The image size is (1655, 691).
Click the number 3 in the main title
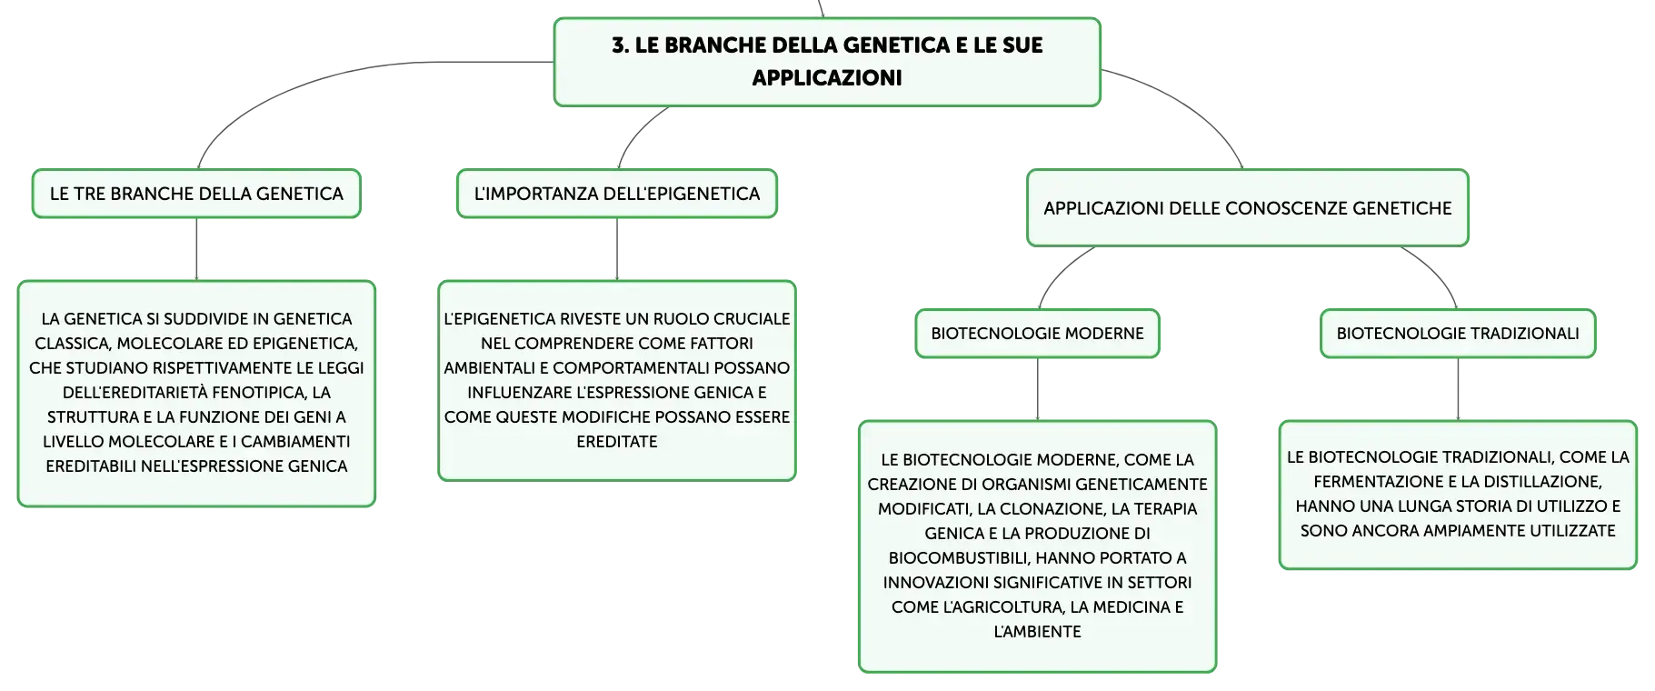619,45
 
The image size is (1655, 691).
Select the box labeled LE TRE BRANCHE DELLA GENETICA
196,194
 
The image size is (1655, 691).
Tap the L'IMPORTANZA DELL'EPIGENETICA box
617,194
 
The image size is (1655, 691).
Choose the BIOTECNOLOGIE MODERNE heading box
1037,334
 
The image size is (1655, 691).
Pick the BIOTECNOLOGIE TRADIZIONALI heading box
1458,334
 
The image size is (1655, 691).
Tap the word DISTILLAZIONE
1542,482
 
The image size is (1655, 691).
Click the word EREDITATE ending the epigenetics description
617,442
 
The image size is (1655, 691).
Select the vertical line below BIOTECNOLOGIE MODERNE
1037,389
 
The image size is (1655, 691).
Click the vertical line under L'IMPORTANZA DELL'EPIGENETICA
617,249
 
